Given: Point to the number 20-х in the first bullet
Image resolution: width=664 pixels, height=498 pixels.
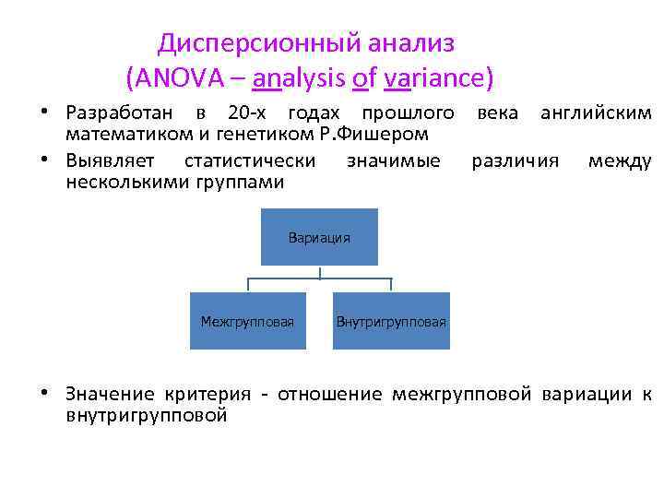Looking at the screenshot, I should coord(243,113).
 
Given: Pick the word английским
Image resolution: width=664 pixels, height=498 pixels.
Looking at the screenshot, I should coord(595,113).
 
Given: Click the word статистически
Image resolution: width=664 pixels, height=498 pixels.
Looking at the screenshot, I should coord(250,160).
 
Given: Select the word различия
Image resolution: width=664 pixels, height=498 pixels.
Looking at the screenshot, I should coord(515,160).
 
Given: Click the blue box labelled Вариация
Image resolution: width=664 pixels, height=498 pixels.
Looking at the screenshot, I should coord(319,237).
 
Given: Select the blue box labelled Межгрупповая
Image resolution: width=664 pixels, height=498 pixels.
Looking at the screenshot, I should coord(247,321).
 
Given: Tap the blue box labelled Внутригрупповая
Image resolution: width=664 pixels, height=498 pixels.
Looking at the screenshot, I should coord(391,321).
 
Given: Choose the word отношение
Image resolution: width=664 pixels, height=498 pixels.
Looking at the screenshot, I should coord(326,394).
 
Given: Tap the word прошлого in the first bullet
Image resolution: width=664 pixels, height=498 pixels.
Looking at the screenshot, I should coord(407,113).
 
